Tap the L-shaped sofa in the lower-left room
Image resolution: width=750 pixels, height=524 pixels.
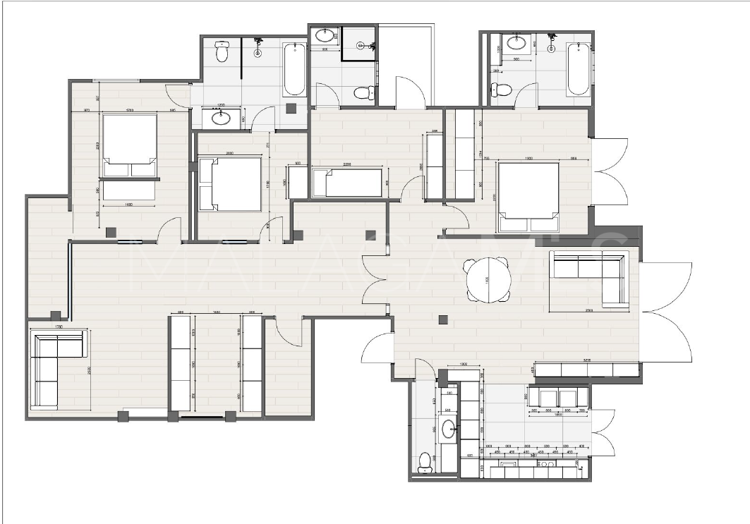(56, 368)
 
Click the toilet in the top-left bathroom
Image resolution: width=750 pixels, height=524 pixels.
(222, 52)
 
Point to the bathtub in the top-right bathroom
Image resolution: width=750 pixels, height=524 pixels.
(578, 68)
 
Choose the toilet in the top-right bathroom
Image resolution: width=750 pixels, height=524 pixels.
(502, 90)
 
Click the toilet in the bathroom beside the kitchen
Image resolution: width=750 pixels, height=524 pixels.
(424, 461)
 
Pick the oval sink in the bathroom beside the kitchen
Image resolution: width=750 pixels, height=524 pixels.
(448, 429)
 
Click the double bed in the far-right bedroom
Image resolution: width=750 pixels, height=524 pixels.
(528, 196)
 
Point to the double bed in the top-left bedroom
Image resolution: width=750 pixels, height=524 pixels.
(130, 145)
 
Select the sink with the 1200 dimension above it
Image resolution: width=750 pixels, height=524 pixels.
(221, 117)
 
